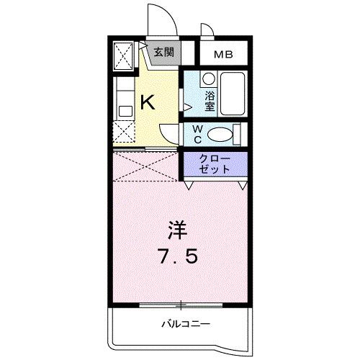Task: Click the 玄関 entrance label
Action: click(163, 52)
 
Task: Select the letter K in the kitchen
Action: click(147, 103)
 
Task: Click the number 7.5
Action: click(179, 256)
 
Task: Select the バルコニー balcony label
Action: click(186, 325)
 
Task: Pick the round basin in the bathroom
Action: click(208, 78)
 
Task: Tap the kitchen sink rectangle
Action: click(124, 112)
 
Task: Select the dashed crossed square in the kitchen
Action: click(125, 132)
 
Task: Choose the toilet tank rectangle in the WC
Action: click(240, 134)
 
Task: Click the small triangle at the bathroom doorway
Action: click(186, 107)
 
